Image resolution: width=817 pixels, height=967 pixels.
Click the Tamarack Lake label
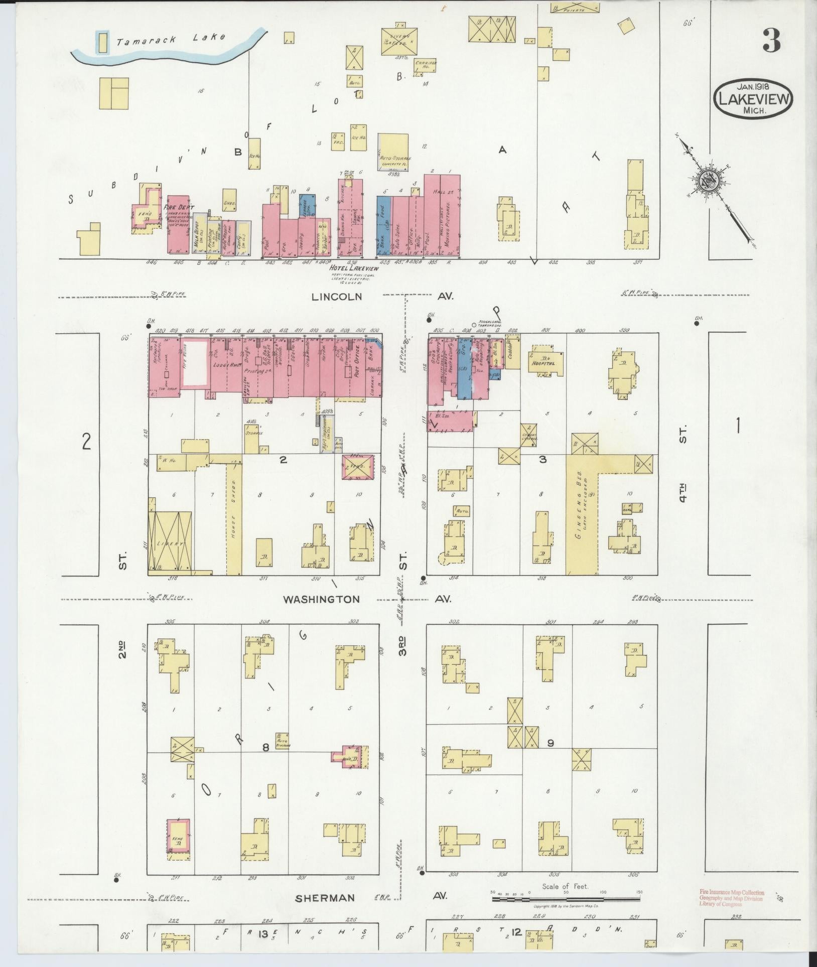pos(171,38)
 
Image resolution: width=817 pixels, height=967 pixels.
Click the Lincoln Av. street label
pos(336,297)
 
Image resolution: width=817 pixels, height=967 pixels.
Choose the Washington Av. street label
pos(321,599)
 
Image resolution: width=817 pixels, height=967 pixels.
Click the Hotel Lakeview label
pos(353,268)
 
